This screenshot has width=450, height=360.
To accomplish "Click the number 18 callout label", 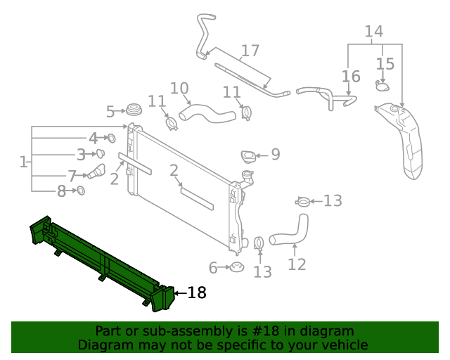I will (x=197, y=292).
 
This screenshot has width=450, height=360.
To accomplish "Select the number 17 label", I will (x=250, y=51).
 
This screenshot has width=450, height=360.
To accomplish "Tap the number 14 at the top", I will (x=373, y=31).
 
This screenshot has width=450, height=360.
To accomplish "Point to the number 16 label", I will (x=351, y=76).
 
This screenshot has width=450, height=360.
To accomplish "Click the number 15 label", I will (x=385, y=64).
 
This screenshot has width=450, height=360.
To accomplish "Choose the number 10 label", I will (x=179, y=89).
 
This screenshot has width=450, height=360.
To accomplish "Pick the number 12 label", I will (x=297, y=264).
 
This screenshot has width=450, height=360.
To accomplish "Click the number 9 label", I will (x=275, y=154).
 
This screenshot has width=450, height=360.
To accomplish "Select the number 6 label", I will (x=213, y=267).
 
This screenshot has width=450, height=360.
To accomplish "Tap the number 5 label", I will (x=110, y=111).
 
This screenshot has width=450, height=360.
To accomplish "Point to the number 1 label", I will (x=23, y=162).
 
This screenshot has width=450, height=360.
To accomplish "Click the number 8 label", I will (x=61, y=191).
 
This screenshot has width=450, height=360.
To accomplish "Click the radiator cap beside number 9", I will (x=248, y=156).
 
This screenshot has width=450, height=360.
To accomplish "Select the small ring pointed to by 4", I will (x=111, y=138).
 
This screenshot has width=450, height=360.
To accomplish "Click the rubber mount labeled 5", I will (x=134, y=110).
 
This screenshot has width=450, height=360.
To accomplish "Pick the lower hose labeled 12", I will (x=288, y=232).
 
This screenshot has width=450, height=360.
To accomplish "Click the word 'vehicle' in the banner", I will (x=344, y=345).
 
